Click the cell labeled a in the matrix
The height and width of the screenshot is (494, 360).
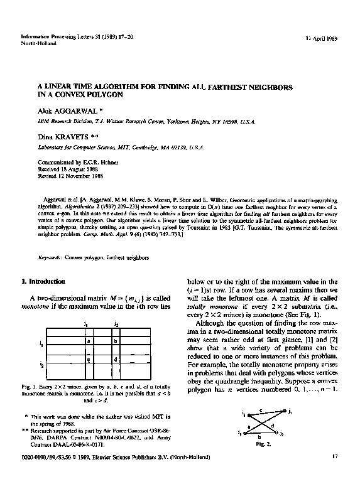click(89, 341)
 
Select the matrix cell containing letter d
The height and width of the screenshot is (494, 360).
click(116, 360)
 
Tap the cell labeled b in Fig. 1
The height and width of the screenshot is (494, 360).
click(116, 341)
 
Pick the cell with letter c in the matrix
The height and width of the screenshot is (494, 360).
click(89, 360)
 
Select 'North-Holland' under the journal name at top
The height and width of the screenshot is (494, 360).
click(36, 44)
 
